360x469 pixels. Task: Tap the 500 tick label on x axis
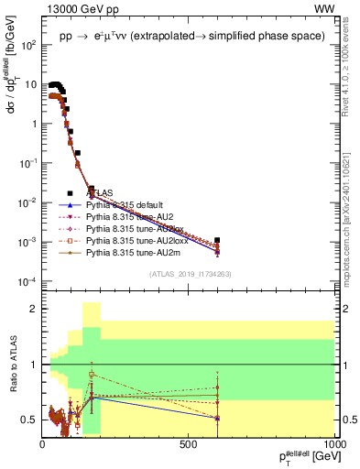[x=189, y=442]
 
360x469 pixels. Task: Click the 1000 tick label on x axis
[x=332, y=442]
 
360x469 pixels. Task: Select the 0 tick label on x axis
[x=43, y=442]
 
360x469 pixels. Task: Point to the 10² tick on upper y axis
[x=29, y=44]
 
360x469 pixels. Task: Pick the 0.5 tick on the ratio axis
[x=30, y=420]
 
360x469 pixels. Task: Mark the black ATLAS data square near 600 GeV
[x=217, y=241]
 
